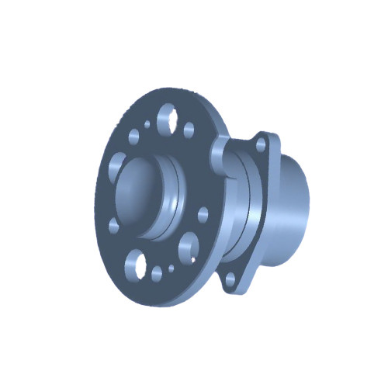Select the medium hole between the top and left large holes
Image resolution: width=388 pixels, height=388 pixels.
click(134, 137)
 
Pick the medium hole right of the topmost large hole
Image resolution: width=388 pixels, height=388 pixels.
click(189, 130)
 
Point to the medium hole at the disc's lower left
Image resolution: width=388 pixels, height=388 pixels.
click(114, 225)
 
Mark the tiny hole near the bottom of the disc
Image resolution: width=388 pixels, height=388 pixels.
click(172, 268)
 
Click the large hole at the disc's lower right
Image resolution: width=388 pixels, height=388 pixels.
click(189, 248)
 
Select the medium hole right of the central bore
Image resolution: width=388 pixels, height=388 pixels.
click(203, 214)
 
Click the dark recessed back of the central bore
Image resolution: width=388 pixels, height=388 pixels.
click(136, 194)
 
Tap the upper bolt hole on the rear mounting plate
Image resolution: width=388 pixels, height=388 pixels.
click(261, 144)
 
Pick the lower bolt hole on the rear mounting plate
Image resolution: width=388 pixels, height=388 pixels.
click(230, 276)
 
